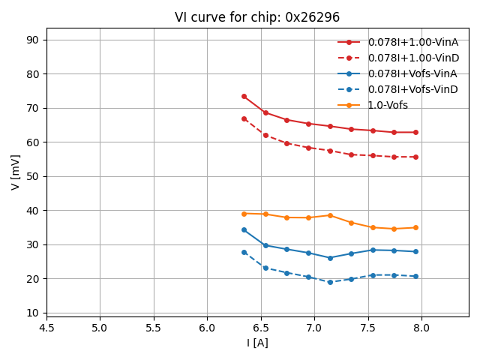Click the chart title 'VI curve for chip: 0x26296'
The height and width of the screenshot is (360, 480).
pyautogui.click(x=257, y=17)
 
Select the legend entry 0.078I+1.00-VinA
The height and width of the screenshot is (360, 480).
pyautogui.click(x=412, y=42)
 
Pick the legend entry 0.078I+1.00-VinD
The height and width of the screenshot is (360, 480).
pyautogui.click(x=412, y=58)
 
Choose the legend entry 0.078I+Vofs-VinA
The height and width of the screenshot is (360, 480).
pyautogui.click(x=412, y=73)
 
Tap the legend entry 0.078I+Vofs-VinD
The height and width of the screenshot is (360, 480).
pyautogui.click(x=412, y=89)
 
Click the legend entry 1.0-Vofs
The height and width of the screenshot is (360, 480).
pyautogui.click(x=388, y=105)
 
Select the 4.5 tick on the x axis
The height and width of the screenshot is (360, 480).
pyautogui.click(x=46, y=328)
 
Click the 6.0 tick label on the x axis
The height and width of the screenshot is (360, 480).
pyautogui.click(x=207, y=328)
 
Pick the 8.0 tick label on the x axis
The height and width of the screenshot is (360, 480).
pyautogui.click(x=421, y=328)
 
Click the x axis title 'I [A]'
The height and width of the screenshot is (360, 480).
pyautogui.click(x=257, y=343)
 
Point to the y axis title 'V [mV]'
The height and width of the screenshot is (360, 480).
pyautogui.click(x=16, y=172)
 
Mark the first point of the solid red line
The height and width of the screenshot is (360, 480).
pyautogui.click(x=244, y=96)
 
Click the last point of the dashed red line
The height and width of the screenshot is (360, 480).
pyautogui.click(x=415, y=157)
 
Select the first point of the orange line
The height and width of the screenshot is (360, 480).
pyautogui.click(x=244, y=214)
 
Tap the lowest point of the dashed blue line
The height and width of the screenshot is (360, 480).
pyautogui.click(x=330, y=282)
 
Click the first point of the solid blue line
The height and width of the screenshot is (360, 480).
pyautogui.click(x=244, y=229)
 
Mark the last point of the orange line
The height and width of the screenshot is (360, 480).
pyautogui.click(x=415, y=227)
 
